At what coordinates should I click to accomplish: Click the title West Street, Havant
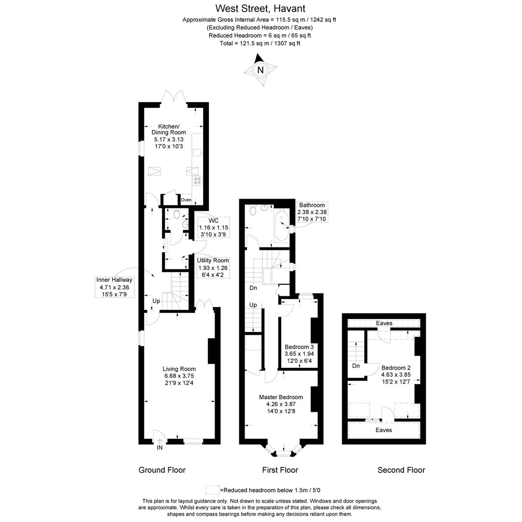(x=261, y=8)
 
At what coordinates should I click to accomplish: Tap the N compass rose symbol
(x=261, y=70)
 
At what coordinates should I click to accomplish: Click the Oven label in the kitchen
(x=186, y=200)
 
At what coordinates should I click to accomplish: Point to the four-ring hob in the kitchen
(x=198, y=181)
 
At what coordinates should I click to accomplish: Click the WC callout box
(x=214, y=227)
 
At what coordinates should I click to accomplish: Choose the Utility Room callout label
(x=213, y=267)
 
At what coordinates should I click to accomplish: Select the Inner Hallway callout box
(x=114, y=287)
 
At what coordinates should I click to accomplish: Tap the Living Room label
(x=179, y=376)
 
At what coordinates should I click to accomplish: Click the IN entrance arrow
(x=159, y=444)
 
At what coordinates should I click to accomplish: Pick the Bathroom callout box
(x=312, y=212)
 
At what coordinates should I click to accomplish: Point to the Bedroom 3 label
(x=299, y=354)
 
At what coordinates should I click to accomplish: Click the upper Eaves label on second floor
(x=384, y=323)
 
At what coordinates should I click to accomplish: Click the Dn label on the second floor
(x=356, y=366)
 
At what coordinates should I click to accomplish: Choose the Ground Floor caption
(x=162, y=470)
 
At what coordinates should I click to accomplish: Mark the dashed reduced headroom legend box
(x=212, y=490)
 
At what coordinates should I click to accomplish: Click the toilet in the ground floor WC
(x=176, y=213)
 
